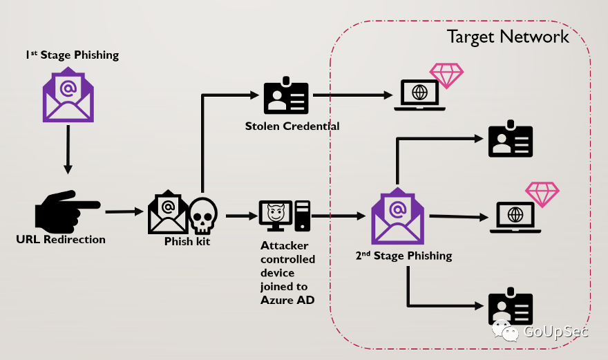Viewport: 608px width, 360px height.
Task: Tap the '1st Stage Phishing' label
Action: [x=68, y=55]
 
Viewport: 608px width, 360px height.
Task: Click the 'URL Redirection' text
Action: [x=61, y=240]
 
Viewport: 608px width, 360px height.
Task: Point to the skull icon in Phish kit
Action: [x=203, y=215]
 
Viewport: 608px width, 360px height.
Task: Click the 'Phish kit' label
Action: [x=187, y=242]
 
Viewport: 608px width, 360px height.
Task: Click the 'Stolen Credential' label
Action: [x=292, y=126]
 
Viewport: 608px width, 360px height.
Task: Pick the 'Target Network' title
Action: [x=508, y=37]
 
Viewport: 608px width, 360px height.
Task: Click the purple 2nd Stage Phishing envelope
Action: [x=397, y=216]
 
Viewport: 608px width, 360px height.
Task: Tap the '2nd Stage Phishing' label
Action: [x=403, y=256]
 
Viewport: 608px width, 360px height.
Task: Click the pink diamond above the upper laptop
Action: [x=446, y=75]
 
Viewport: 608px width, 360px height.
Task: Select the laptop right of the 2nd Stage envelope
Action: [x=515, y=216]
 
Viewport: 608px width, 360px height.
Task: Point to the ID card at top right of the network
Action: [x=511, y=139]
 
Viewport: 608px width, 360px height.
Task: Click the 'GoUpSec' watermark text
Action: [x=555, y=332]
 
